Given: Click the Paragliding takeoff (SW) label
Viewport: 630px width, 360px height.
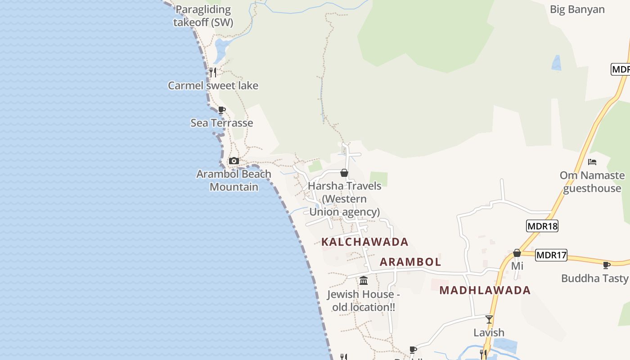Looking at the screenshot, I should pyautogui.click(x=203, y=16).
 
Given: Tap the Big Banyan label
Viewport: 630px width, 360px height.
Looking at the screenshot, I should pyautogui.click(x=577, y=9).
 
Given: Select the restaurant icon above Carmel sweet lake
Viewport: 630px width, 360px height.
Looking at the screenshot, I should pyautogui.click(x=213, y=72).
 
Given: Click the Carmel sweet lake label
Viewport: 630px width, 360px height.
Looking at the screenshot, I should pyautogui.click(x=213, y=85).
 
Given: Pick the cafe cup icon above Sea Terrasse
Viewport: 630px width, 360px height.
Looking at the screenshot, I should pyautogui.click(x=221, y=110).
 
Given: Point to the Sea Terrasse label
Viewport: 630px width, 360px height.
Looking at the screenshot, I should pyautogui.click(x=221, y=123).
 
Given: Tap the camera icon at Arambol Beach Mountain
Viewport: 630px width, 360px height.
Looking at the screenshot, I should pyautogui.click(x=234, y=161).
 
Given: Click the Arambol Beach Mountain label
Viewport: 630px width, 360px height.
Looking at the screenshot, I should pyautogui.click(x=234, y=180).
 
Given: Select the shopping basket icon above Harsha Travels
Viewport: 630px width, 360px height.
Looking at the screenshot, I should pyautogui.click(x=344, y=173).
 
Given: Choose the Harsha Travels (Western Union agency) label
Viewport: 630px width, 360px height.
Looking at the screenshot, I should pyautogui.click(x=345, y=199).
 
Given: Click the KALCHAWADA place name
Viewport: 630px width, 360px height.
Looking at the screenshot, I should pyautogui.click(x=364, y=242).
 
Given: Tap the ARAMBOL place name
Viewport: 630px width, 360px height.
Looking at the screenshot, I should pyautogui.click(x=410, y=262).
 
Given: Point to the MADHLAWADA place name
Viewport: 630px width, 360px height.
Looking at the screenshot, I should pyautogui.click(x=485, y=290).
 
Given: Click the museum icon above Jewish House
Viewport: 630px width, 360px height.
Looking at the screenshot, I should pyautogui.click(x=364, y=281).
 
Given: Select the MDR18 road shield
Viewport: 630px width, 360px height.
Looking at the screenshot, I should pyautogui.click(x=542, y=226).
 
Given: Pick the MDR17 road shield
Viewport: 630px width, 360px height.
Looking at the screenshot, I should pyautogui.click(x=551, y=256).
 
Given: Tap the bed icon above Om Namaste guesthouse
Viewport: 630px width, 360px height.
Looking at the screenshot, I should pyautogui.click(x=592, y=162).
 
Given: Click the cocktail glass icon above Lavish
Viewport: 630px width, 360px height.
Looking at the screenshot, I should pyautogui.click(x=489, y=319).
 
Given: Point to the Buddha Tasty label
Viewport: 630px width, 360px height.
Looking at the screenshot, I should pyautogui.click(x=594, y=279).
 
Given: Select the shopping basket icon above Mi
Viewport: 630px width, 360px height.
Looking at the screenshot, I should pyautogui.click(x=517, y=253).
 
